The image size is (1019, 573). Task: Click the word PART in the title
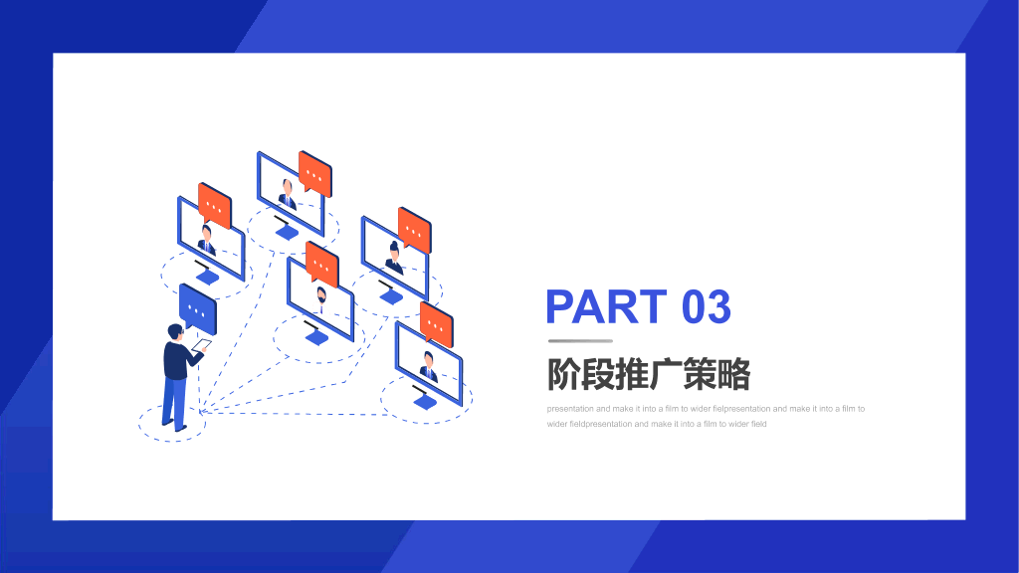[606, 306]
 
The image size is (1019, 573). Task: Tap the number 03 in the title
[707, 306]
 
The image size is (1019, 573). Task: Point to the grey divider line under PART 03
[580, 340]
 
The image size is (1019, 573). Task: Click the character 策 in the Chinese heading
[700, 374]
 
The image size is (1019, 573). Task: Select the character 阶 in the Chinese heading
[563, 374]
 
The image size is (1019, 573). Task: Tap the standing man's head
[175, 332]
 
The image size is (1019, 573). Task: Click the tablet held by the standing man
[202, 345]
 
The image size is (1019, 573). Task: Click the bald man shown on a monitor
[287, 194]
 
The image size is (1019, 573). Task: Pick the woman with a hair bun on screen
[394, 258]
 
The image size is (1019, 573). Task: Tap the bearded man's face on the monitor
[321, 296]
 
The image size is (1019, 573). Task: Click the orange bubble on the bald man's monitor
[315, 173]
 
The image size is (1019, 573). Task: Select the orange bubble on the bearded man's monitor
[322, 264]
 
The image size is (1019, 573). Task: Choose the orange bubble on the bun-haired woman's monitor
[415, 230]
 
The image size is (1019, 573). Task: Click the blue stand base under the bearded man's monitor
[316, 337]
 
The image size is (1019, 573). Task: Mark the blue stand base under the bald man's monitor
[287, 231]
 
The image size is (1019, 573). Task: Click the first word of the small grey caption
[570, 409]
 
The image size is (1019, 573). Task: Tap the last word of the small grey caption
[758, 424]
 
